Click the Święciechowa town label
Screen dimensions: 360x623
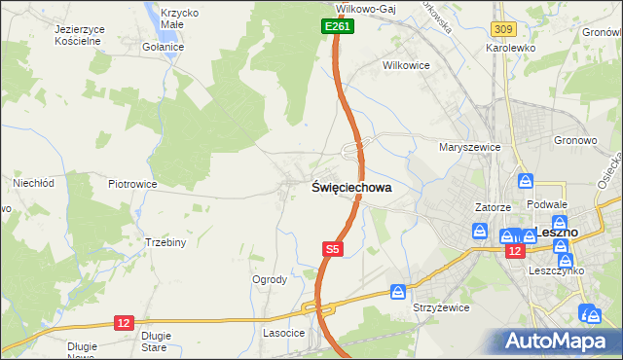pyautogui.click(x=351, y=189)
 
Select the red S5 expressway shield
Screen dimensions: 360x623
pyautogui.click(x=332, y=249)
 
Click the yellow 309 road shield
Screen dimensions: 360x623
pyautogui.click(x=503, y=31)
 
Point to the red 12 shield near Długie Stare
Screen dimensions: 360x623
pyautogui.click(x=123, y=322)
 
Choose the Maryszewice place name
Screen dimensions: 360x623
pyautogui.click(x=469, y=147)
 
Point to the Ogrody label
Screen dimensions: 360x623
pyautogui.click(x=270, y=279)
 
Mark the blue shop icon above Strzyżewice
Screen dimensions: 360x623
pyautogui.click(x=398, y=291)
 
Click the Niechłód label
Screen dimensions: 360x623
pyautogui.click(x=31, y=182)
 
